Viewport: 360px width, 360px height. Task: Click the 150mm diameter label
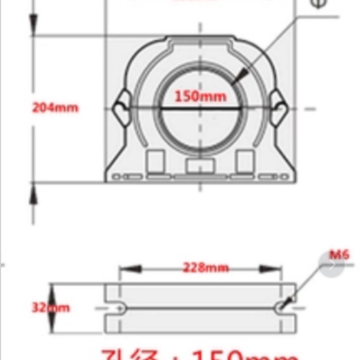200,96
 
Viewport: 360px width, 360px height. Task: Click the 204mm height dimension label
55,108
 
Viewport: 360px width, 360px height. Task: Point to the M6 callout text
338,255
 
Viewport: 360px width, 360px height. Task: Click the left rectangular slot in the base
156,161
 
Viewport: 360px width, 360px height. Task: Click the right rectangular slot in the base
245,161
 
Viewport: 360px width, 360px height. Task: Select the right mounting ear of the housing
279,108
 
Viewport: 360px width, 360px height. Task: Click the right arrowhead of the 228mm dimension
271,269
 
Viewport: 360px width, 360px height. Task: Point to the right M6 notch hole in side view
282,308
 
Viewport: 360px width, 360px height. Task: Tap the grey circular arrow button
332,265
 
